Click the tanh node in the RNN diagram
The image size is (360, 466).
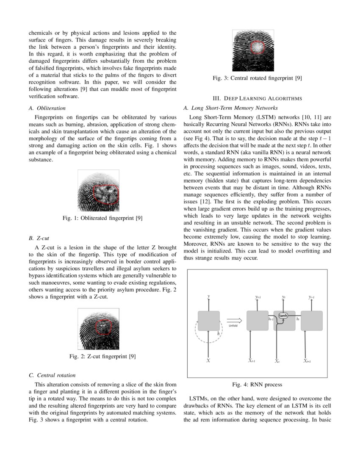coord(283,316)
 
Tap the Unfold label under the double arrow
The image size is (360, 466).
coord(233,326)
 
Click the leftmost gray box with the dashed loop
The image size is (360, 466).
coord(209,321)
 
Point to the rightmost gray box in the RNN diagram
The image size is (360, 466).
coord(312,321)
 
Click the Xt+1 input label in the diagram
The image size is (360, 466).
coord(307,361)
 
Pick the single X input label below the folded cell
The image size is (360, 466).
coord(208,361)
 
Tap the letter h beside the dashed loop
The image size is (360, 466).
coord(218,333)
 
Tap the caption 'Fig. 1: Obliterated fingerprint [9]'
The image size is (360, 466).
coord(102,218)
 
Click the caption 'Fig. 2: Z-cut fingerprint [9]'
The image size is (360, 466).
coord(102,356)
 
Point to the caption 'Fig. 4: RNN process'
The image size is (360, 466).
coord(257,385)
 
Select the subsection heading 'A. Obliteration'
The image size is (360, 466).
coord(47,108)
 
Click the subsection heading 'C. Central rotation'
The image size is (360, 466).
coord(53,375)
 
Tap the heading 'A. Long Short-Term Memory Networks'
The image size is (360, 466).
coord(230,108)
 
